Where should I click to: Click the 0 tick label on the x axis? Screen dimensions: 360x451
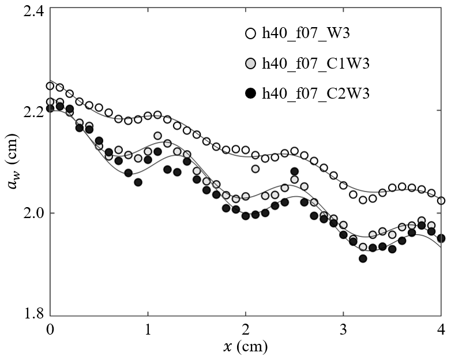pos(50,329)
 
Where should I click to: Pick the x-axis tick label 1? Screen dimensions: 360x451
pos(148,329)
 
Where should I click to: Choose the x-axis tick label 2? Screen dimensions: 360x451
pos(246,329)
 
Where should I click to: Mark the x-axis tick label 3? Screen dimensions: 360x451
pos(344,329)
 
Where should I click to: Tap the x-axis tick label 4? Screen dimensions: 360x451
pos(441,329)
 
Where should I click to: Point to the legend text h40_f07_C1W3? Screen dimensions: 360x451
pos(314,63)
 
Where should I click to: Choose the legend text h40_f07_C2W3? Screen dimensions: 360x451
pos(314,93)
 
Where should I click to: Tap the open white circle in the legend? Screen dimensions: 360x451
pos(250,34)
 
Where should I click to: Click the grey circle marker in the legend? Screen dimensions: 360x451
pos(250,63)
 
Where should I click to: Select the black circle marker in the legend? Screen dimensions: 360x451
pos(250,93)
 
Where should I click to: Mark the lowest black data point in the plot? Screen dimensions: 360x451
pos(363,258)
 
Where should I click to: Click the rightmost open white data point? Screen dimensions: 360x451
pos(441,201)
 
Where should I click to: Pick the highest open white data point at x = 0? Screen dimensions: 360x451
pos(50,86)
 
